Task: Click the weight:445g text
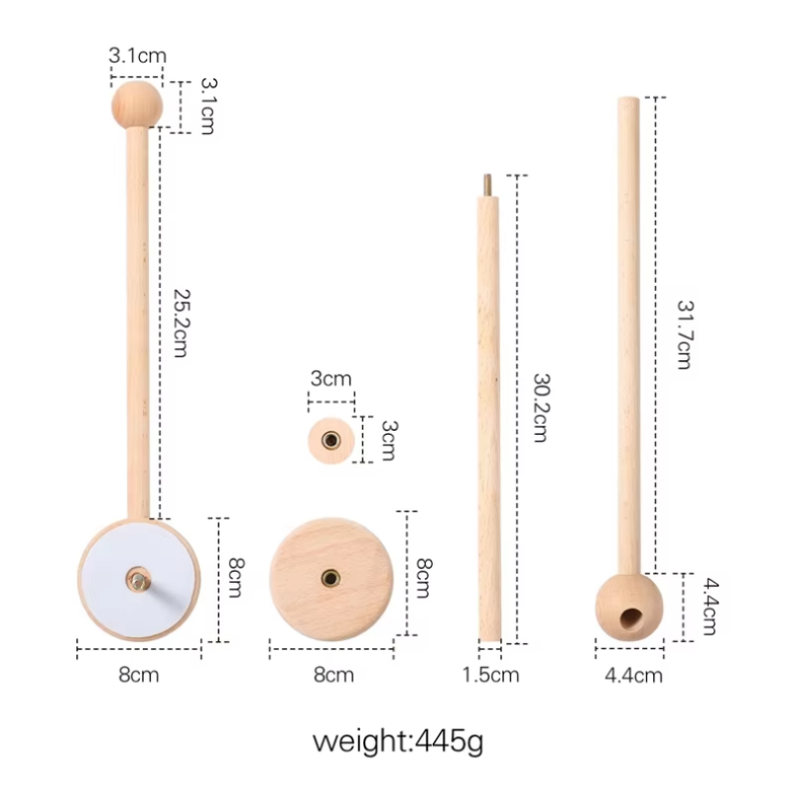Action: (x=398, y=741)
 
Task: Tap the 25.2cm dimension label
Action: (x=180, y=324)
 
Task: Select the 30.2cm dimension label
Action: (x=540, y=407)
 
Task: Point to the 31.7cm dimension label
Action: (x=684, y=334)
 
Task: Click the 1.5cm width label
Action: (x=490, y=676)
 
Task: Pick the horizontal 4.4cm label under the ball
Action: (x=633, y=676)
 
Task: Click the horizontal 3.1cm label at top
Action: (x=137, y=57)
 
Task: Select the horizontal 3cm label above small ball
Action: (x=331, y=378)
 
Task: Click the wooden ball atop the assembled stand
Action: (x=136, y=104)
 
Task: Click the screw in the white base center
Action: (x=136, y=577)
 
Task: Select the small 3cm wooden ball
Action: (x=331, y=439)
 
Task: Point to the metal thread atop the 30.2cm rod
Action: (x=487, y=186)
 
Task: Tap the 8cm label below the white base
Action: (x=138, y=676)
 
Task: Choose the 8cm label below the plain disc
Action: (x=333, y=676)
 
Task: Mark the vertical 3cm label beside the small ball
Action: (x=388, y=440)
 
